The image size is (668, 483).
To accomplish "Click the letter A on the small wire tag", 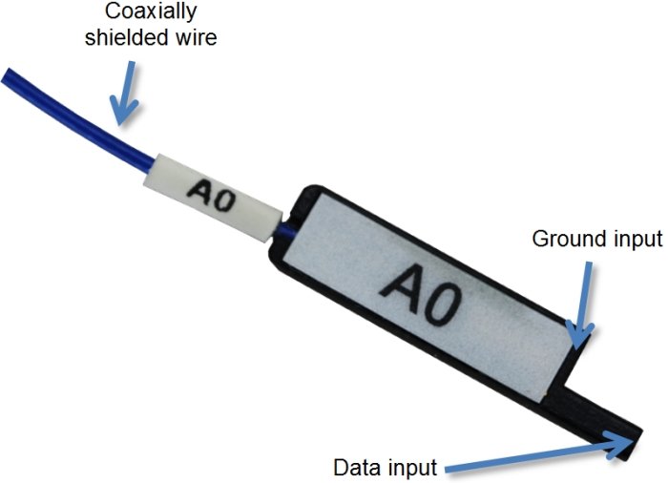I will pos(202,191).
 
